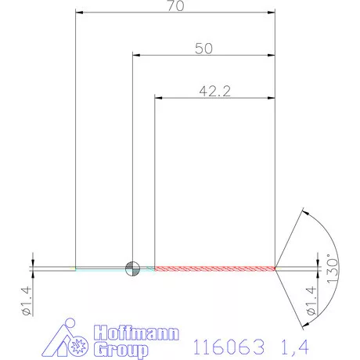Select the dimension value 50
pyautogui.click(x=203, y=49)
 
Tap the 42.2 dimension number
pyautogui.click(x=214, y=91)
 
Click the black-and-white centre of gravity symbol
pyautogui.click(x=133, y=268)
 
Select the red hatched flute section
pyautogui.click(x=215, y=268)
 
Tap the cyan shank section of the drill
pyautogui.click(x=102, y=268)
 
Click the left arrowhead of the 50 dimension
pyautogui.click(x=136, y=56)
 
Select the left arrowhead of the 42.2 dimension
pyautogui.click(x=160, y=98)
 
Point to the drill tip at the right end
pyautogui.click(x=275, y=268)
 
